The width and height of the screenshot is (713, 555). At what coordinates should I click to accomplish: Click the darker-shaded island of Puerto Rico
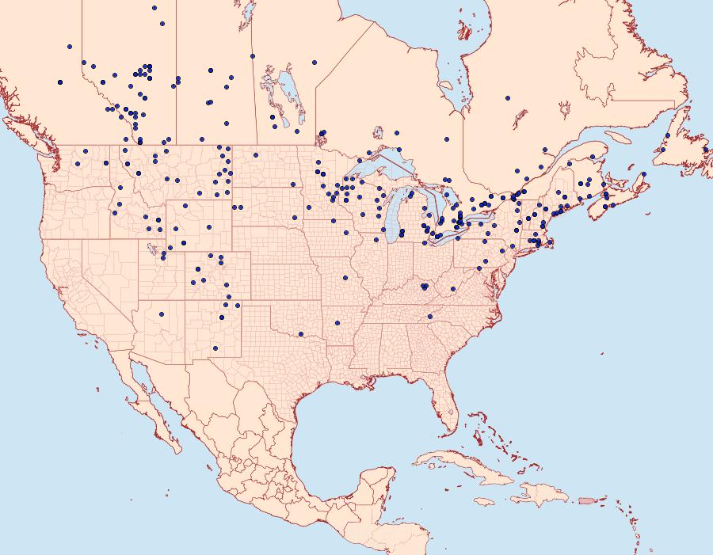(587, 500)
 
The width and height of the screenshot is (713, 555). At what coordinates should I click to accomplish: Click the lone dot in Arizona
(162, 314)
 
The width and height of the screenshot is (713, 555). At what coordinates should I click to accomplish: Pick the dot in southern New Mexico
(215, 348)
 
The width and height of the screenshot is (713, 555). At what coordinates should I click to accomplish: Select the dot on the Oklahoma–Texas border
(301, 334)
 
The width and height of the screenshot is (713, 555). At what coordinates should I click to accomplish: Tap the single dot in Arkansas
(337, 323)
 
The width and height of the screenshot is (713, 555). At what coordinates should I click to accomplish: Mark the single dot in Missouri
(345, 278)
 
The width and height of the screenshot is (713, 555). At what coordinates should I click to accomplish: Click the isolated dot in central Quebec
(507, 98)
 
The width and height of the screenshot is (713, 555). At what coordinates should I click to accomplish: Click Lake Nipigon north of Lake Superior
(377, 135)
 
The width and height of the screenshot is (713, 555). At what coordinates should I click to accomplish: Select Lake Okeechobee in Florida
(452, 412)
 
